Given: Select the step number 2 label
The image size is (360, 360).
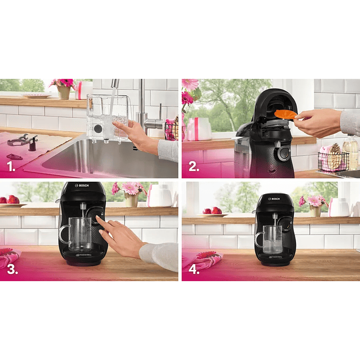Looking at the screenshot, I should coord(193,166).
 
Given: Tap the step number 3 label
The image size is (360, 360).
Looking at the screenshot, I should coord(12,269).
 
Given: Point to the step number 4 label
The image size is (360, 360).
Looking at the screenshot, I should coord(194,269).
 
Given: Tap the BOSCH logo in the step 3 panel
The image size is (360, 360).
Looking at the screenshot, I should coord(82,185).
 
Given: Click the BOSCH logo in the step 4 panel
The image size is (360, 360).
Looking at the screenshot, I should coord(275,198).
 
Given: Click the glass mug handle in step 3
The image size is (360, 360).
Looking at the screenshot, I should coord(63,235).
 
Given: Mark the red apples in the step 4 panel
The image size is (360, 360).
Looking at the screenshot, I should coord(213,210).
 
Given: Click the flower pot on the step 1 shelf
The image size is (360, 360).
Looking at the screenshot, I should coord(64,92).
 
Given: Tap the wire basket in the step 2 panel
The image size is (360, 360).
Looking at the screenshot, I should coord(333,160).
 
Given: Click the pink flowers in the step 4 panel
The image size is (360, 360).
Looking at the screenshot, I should coord(314,201).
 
